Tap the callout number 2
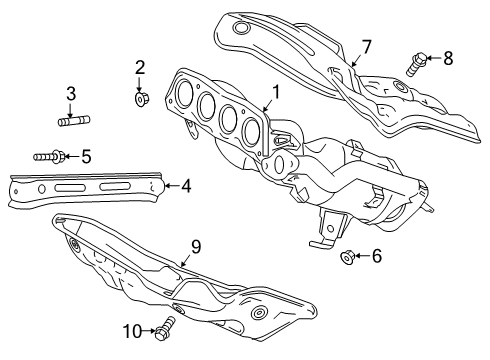pos(140,68)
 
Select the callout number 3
pos(71,95)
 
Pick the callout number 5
pos(86,155)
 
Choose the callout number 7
pos(366,46)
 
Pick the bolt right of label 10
pos(165,325)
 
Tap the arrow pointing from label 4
pos(167,184)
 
